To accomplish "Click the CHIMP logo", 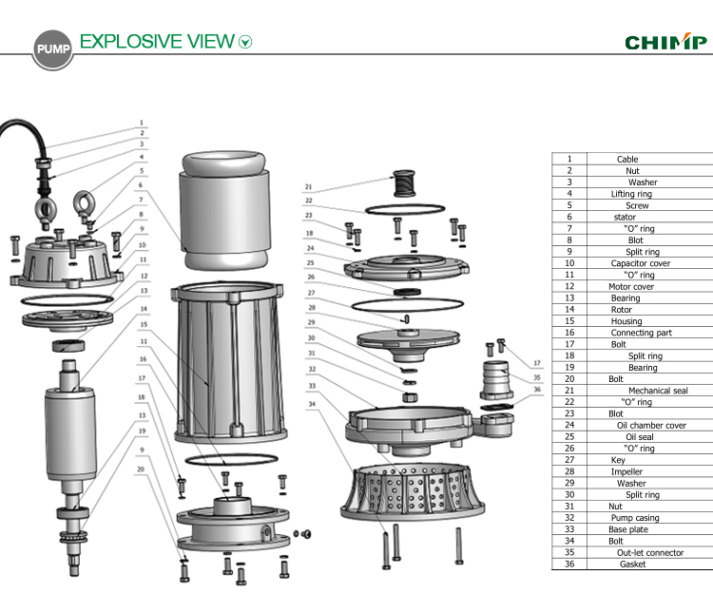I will click(665, 42).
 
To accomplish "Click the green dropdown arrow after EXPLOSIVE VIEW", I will click(246, 42).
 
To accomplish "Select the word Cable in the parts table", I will click(627, 160).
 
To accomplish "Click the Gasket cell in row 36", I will click(632, 564).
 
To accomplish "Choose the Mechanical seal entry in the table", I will click(657, 391).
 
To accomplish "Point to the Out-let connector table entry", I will click(650, 552).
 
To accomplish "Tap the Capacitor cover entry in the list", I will click(640, 263).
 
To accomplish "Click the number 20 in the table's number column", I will click(568, 379).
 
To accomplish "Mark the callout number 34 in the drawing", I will click(311, 404).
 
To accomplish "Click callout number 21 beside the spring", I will click(308, 186).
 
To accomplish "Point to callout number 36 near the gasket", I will click(536, 389).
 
